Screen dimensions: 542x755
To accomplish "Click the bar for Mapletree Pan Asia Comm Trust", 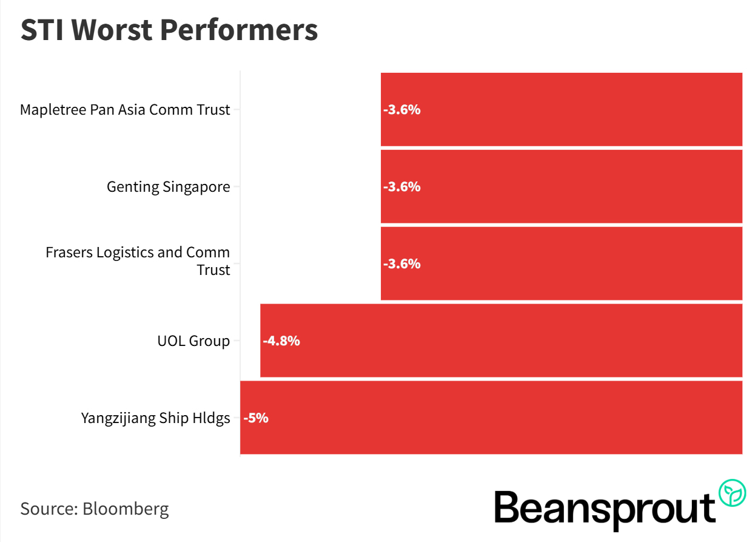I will tap(561, 110).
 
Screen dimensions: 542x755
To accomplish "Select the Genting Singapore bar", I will tap(561, 186).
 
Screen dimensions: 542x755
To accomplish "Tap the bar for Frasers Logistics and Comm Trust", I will tap(561, 263).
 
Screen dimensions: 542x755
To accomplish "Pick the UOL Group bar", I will tap(501, 340).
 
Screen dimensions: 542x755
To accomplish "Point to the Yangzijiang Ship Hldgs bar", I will tap(491, 418).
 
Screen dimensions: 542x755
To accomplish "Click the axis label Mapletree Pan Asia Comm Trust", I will tap(125, 110).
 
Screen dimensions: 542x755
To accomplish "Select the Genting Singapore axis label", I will tap(169, 186).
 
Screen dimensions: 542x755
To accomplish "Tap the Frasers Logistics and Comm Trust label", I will tap(138, 261).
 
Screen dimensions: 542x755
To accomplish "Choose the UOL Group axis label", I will tap(193, 340).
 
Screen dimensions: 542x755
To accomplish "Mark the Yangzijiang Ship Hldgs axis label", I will tap(156, 418).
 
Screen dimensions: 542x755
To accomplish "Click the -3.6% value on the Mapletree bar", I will tap(401, 110).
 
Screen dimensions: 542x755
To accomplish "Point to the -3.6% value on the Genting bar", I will tap(401, 186).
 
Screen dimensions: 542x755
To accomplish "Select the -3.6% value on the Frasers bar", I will tap(401, 263).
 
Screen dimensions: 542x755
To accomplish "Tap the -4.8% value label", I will tap(281, 340).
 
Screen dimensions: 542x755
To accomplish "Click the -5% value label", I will tap(256, 418).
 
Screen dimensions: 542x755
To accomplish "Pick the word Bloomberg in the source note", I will tap(126, 508).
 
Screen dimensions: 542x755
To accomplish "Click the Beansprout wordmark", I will tap(605, 509).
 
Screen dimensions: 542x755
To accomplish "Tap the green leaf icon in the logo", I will tap(732, 493).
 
